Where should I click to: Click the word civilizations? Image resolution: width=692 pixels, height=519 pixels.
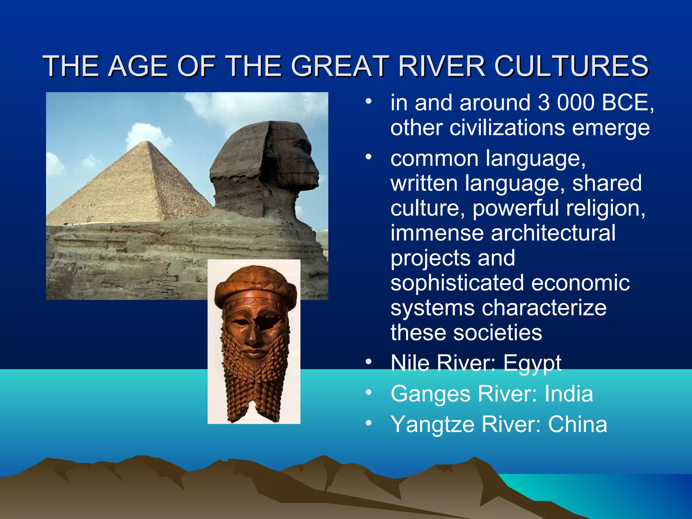(x=507, y=128)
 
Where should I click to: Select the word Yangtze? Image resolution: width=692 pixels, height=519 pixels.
(x=432, y=425)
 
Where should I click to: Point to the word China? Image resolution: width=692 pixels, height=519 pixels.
(x=577, y=424)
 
